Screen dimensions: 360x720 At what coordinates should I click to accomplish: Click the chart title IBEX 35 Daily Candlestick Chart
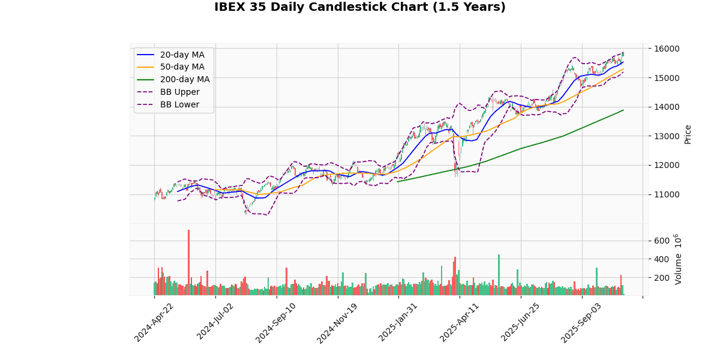click(x=360, y=7)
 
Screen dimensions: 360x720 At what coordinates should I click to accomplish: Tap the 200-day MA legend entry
click(x=184, y=80)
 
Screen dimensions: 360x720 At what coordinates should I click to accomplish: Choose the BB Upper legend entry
click(x=179, y=92)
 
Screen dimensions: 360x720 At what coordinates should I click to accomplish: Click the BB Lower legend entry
click(x=179, y=105)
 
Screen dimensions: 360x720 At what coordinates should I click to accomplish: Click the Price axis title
click(x=688, y=134)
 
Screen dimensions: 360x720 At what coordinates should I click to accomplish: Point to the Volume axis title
click(x=678, y=259)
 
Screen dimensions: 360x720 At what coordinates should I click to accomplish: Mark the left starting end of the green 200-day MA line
click(x=397, y=181)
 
